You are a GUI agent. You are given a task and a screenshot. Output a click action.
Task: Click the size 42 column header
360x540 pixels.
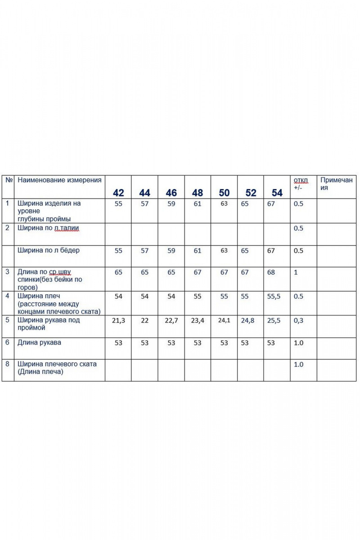pyautogui.click(x=118, y=193)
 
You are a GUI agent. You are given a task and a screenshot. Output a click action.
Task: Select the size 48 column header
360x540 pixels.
pyautogui.click(x=198, y=193)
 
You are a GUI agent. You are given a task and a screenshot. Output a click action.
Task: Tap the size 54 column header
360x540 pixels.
pyautogui.click(x=277, y=193)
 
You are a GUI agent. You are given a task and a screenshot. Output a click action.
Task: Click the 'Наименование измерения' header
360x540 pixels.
pyautogui.click(x=59, y=180)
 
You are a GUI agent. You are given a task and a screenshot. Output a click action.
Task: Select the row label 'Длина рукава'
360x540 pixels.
pyautogui.click(x=39, y=342)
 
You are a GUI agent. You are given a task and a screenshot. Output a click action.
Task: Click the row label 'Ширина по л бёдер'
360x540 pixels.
pyautogui.click(x=48, y=250)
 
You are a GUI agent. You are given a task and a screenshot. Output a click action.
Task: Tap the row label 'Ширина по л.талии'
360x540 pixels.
pyautogui.click(x=48, y=228)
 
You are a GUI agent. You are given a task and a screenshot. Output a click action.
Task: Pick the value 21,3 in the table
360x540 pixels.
pyautogui.click(x=118, y=320)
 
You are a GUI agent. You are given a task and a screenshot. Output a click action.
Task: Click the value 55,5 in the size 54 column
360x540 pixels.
pyautogui.click(x=274, y=297)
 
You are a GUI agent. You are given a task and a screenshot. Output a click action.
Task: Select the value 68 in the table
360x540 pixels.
pyautogui.click(x=271, y=272)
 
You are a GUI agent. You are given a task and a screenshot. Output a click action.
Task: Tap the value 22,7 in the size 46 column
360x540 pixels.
pyautogui.click(x=171, y=320)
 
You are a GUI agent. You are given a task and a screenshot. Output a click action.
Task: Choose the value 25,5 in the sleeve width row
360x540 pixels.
pyautogui.click(x=274, y=320)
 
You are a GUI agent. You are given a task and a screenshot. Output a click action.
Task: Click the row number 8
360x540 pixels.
pyautogui.click(x=7, y=363)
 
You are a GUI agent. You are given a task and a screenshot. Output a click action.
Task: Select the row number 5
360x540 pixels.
pyautogui.click(x=7, y=320)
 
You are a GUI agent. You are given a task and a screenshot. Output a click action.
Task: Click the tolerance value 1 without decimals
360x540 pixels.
pyautogui.click(x=295, y=272)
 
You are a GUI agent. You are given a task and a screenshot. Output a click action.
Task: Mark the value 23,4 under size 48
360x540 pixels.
pyautogui.click(x=198, y=320)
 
